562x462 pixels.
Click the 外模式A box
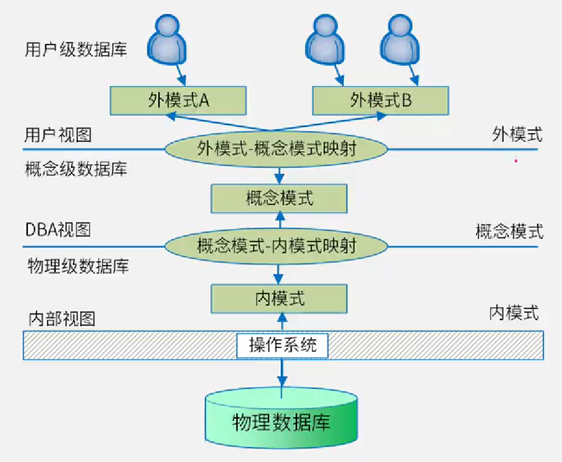[178, 100]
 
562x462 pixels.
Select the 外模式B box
[381, 100]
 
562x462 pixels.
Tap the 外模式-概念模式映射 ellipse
[277, 149]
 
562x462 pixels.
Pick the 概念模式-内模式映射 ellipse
[277, 245]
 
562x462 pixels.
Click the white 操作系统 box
[282, 345]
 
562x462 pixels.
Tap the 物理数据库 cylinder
[282, 421]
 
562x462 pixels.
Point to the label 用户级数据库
[76, 50]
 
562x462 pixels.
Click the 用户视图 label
[58, 134]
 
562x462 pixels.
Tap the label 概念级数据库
[76, 169]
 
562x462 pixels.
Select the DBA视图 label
[58, 230]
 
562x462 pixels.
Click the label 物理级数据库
[78, 266]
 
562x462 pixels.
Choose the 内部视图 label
[62, 318]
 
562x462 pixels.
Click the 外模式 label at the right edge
[517, 134]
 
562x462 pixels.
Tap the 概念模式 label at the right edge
[509, 232]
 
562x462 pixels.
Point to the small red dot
[516, 161]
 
